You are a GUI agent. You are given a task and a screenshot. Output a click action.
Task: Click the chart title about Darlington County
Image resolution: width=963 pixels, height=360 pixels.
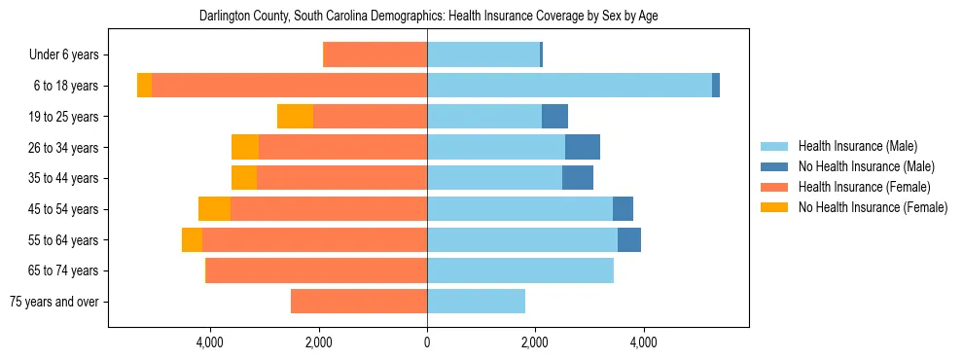[x=428, y=17]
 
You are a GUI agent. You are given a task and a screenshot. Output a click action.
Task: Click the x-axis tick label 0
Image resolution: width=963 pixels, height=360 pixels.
[x=427, y=342]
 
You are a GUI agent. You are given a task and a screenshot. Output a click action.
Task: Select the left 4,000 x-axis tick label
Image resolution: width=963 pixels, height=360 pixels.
[x=210, y=342]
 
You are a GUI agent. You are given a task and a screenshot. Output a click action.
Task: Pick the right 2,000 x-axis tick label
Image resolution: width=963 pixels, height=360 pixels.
[x=535, y=342]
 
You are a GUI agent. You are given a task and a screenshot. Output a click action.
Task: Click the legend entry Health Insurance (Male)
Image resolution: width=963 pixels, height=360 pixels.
[x=857, y=146]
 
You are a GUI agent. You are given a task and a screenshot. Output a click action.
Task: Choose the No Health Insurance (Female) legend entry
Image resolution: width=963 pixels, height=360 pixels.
[x=873, y=207]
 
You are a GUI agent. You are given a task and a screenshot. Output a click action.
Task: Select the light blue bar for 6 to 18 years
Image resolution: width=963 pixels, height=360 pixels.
[x=569, y=86]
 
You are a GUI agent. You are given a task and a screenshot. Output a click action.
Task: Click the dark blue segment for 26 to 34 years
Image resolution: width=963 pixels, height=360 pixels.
[x=582, y=147]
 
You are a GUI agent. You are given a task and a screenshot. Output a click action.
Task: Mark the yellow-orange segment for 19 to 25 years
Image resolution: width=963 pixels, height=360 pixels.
[x=295, y=117]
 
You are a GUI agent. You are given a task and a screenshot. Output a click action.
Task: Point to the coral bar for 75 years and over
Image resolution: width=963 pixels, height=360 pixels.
[x=359, y=302]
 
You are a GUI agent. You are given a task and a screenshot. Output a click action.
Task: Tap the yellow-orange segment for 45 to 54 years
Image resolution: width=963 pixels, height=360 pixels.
[x=214, y=209]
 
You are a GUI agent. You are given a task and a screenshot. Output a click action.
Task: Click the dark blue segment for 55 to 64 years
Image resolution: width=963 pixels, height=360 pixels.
[x=628, y=239]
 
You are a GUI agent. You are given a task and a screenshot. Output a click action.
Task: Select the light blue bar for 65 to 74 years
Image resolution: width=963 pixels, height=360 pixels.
[x=520, y=270]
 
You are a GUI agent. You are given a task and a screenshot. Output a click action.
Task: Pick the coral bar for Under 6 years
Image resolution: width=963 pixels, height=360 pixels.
[x=374, y=55]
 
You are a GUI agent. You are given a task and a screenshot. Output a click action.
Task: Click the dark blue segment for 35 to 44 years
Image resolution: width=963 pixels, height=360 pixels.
[x=577, y=178]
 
